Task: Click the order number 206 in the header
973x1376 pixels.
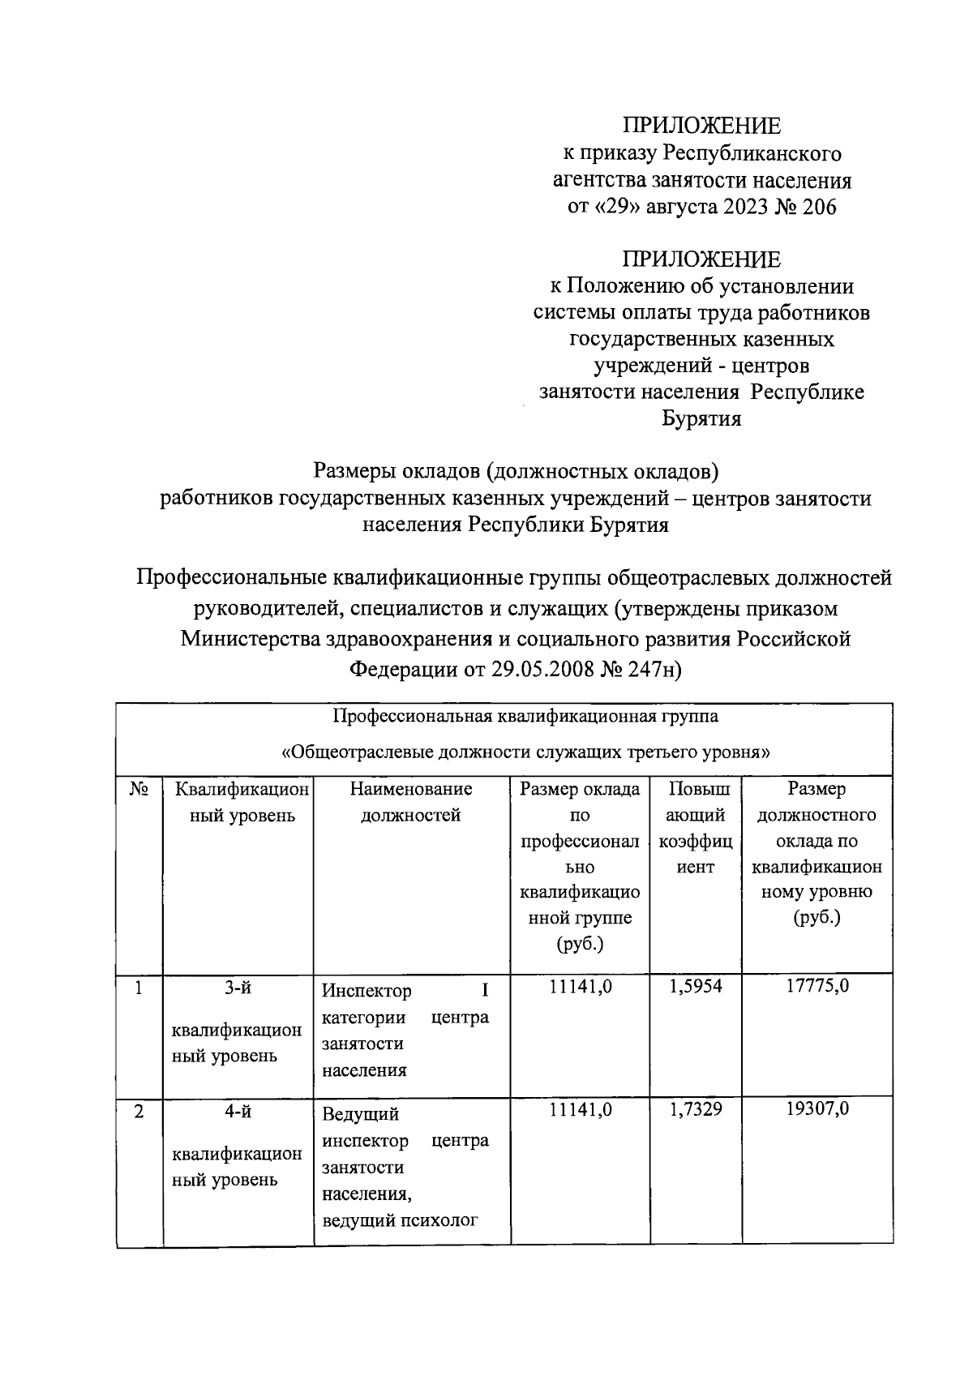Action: click(x=818, y=207)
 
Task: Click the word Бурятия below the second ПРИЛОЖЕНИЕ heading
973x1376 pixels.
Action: click(x=702, y=419)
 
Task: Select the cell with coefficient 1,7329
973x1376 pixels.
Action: click(x=695, y=1110)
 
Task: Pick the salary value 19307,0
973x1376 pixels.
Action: click(x=817, y=1110)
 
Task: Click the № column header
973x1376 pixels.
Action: click(x=139, y=789)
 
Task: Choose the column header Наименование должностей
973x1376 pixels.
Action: click(x=411, y=802)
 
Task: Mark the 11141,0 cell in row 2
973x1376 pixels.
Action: click(x=580, y=1110)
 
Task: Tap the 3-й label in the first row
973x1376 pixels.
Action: click(x=238, y=988)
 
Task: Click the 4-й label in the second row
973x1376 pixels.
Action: click(x=238, y=1112)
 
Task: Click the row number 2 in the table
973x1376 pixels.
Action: click(x=139, y=1111)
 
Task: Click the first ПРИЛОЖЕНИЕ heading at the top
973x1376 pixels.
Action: click(x=701, y=126)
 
